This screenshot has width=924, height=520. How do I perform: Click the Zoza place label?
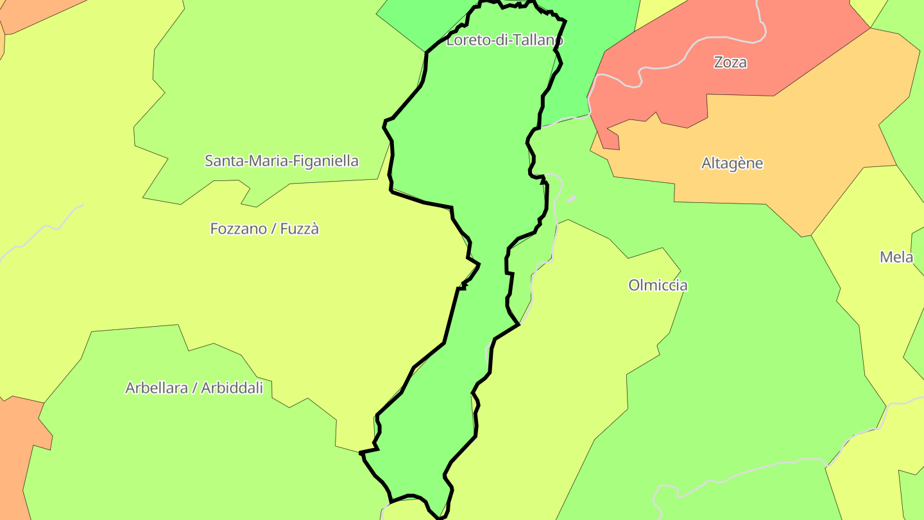[x=730, y=62]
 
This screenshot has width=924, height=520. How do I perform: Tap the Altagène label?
[x=732, y=163]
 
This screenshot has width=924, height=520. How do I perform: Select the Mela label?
[x=896, y=257]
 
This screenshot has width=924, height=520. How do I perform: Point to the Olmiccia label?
[x=658, y=285]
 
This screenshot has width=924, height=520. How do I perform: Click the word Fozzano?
[x=237, y=229]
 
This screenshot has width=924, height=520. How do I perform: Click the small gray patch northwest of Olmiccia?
[x=572, y=199]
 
